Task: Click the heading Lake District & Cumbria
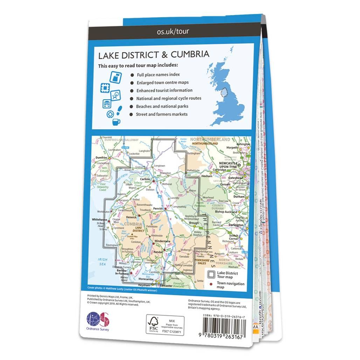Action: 154,55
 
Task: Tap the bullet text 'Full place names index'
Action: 159,75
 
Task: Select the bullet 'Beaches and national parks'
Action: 162,106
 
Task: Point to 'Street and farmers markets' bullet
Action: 162,114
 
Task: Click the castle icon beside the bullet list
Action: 116,77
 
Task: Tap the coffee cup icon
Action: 116,122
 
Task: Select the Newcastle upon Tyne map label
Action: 228,165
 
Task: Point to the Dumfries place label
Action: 101,158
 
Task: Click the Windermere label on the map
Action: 162,241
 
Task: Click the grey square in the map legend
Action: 211,275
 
